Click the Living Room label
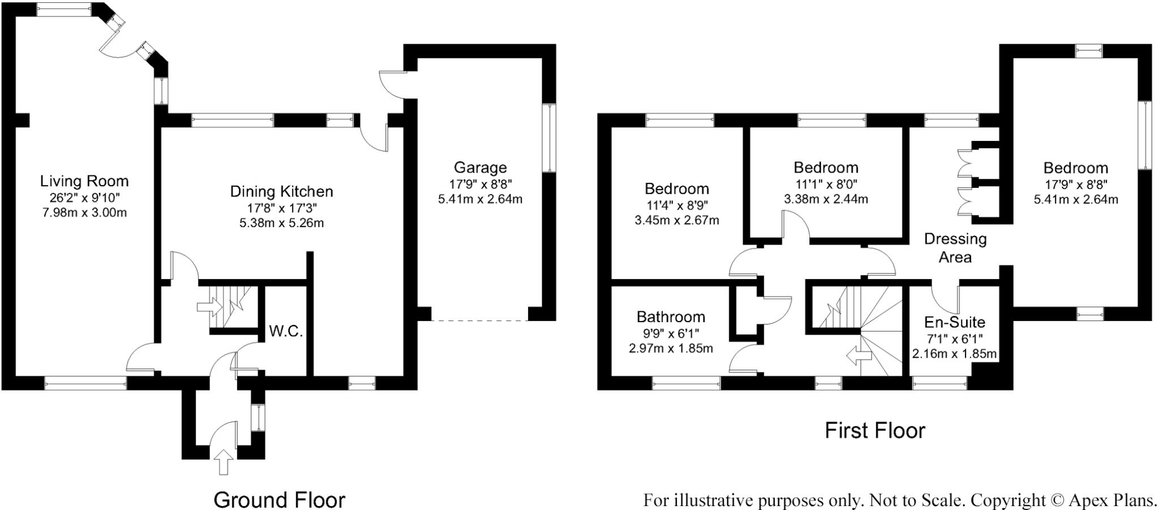tap(84, 181)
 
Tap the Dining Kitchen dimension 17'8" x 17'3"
tap(281, 208)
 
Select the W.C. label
tap(286, 332)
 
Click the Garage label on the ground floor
tap(480, 168)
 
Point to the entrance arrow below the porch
tap(224, 461)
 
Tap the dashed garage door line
tap(480, 321)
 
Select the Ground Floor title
tap(279, 500)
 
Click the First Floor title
tap(874, 431)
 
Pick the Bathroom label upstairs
tap(671, 316)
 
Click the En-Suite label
tap(955, 323)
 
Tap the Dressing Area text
tap(955, 248)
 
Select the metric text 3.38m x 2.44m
tap(826, 199)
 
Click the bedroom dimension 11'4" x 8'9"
tap(677, 205)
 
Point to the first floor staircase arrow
tap(858, 356)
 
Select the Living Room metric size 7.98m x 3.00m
tap(84, 213)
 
